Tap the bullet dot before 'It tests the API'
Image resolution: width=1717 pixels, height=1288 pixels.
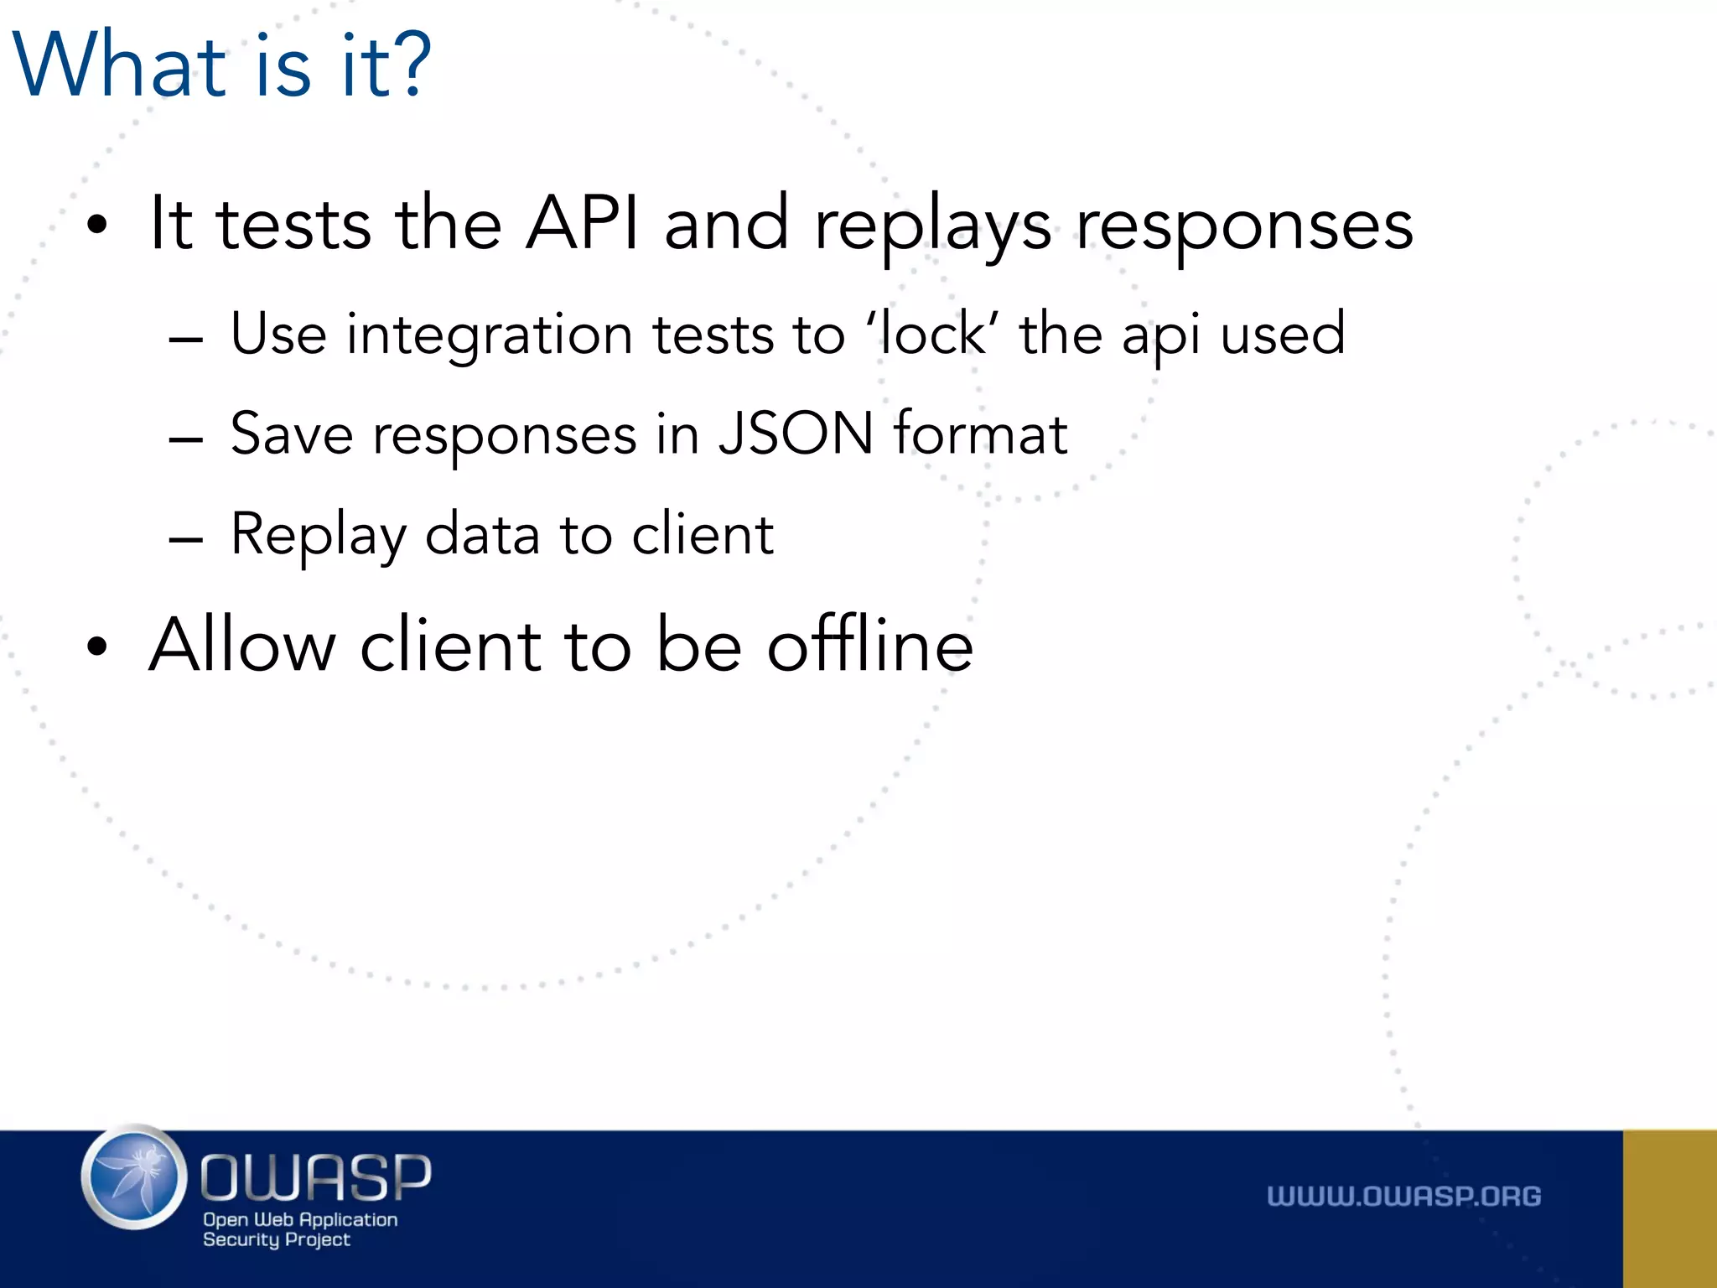pyautogui.click(x=97, y=225)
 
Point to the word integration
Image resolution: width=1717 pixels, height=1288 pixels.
pyautogui.click(x=490, y=335)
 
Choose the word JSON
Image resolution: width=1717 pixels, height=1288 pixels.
pyautogui.click(x=795, y=434)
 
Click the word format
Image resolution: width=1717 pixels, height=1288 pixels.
pyautogui.click(x=979, y=434)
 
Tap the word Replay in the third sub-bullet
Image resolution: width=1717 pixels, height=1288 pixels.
pyautogui.click(x=318, y=535)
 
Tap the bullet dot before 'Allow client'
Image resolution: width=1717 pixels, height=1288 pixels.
pyautogui.click(x=97, y=647)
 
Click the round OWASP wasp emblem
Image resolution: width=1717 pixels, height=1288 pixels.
pyautogui.click(x=134, y=1177)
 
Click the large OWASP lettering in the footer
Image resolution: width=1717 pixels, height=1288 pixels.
pyautogui.click(x=315, y=1177)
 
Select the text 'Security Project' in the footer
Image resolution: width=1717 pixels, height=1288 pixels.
pyautogui.click(x=276, y=1239)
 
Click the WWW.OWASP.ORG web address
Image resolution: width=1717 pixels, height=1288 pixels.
pyautogui.click(x=1403, y=1196)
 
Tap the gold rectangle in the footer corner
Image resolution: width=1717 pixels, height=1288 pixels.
pyautogui.click(x=1669, y=1208)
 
